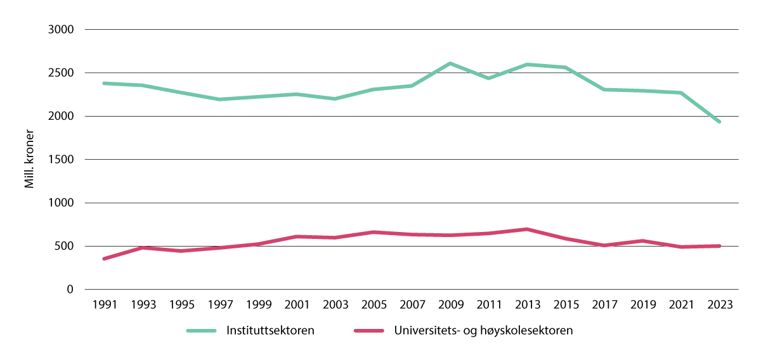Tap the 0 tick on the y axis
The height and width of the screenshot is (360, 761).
tap(70, 290)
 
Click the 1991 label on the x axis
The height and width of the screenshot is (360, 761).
tap(103, 304)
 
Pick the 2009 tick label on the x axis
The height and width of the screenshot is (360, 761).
tap(450, 304)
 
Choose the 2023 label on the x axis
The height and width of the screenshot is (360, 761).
tap(720, 304)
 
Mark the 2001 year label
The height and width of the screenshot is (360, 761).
tap(296, 304)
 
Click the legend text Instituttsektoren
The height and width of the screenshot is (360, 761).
tap(270, 331)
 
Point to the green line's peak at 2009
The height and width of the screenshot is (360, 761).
tap(450, 63)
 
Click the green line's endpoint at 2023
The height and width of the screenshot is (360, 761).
tap(720, 122)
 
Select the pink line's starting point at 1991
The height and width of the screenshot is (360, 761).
tap(103, 259)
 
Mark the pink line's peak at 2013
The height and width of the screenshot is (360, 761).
tap(527, 229)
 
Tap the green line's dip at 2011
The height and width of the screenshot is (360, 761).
tap(488, 78)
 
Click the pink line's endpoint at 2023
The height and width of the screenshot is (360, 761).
tap(720, 246)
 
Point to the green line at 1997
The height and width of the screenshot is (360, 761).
tap(219, 100)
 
